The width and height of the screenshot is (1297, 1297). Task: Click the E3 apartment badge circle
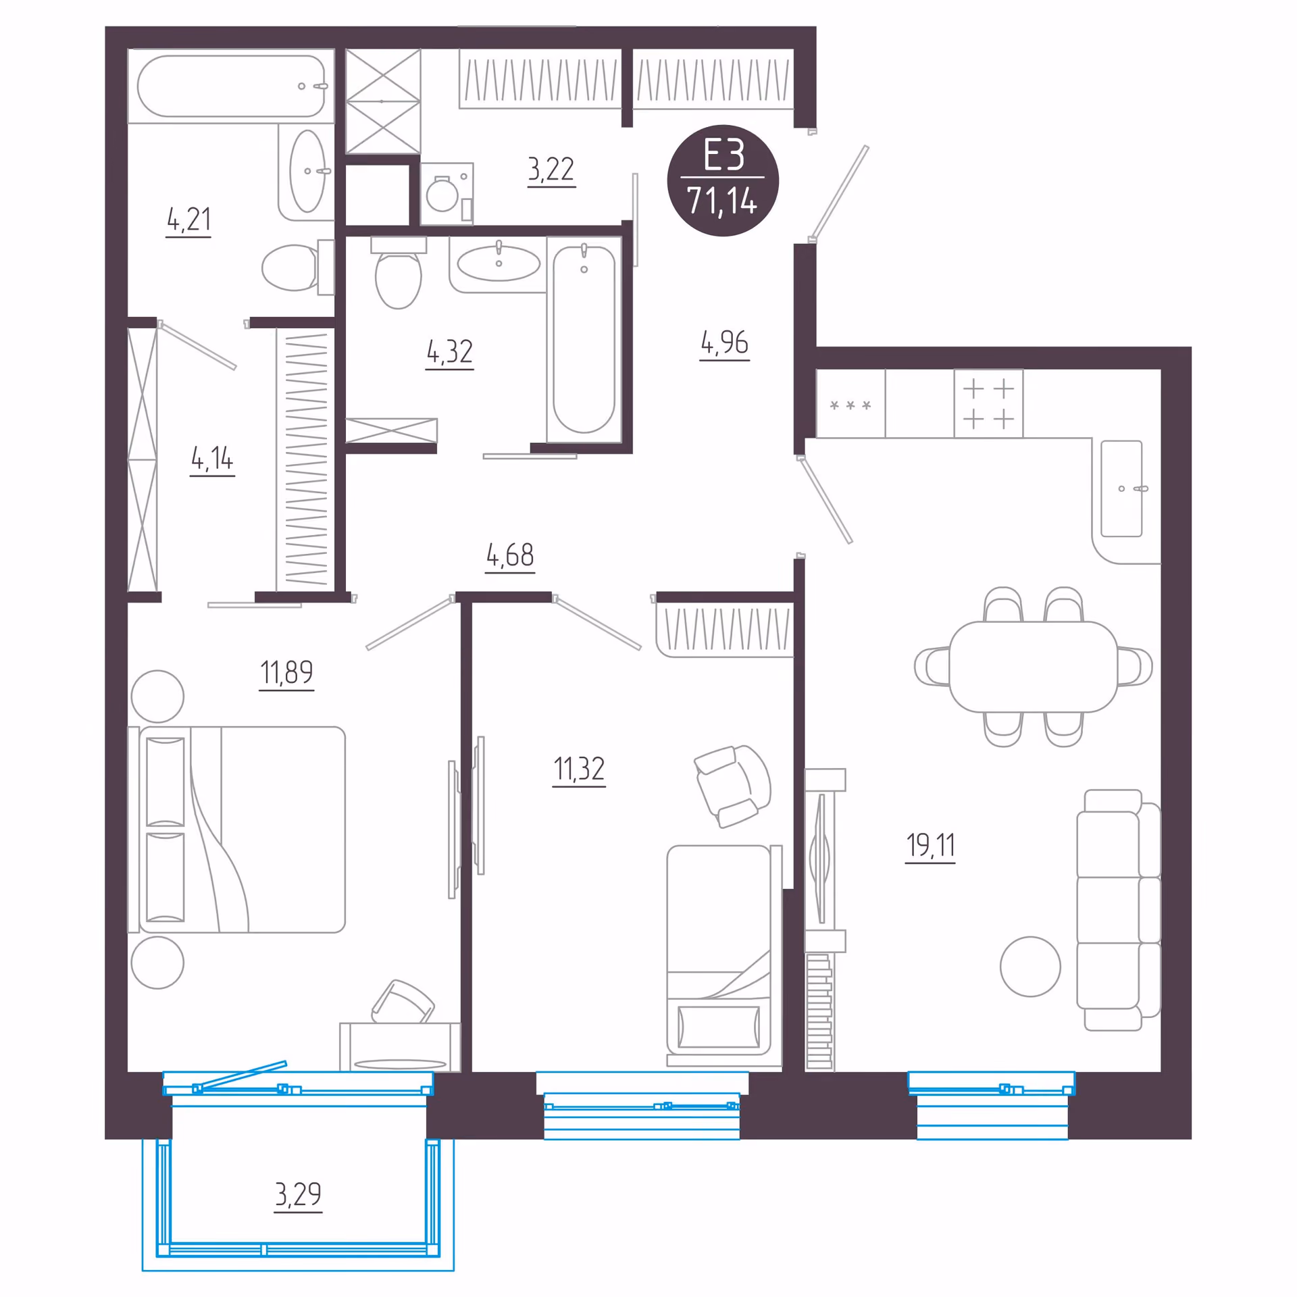coord(722,180)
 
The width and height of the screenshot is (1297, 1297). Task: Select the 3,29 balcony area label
coord(298,1194)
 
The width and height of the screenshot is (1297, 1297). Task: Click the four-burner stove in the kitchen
coord(988,404)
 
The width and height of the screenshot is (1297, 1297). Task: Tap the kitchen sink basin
coord(1121,488)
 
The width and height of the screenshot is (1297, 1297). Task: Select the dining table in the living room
coord(1033,666)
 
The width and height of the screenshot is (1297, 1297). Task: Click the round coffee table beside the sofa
coord(1030,967)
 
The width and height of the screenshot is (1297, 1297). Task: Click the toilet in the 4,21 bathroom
coord(298,268)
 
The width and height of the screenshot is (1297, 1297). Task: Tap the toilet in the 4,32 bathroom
coord(399,272)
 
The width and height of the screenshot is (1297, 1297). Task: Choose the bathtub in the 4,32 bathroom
coord(584,339)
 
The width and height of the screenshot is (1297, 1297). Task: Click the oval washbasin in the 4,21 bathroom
coord(307,171)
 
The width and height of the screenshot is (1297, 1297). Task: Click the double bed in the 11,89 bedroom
coord(236,830)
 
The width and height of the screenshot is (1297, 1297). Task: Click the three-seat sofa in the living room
coord(1118,910)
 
